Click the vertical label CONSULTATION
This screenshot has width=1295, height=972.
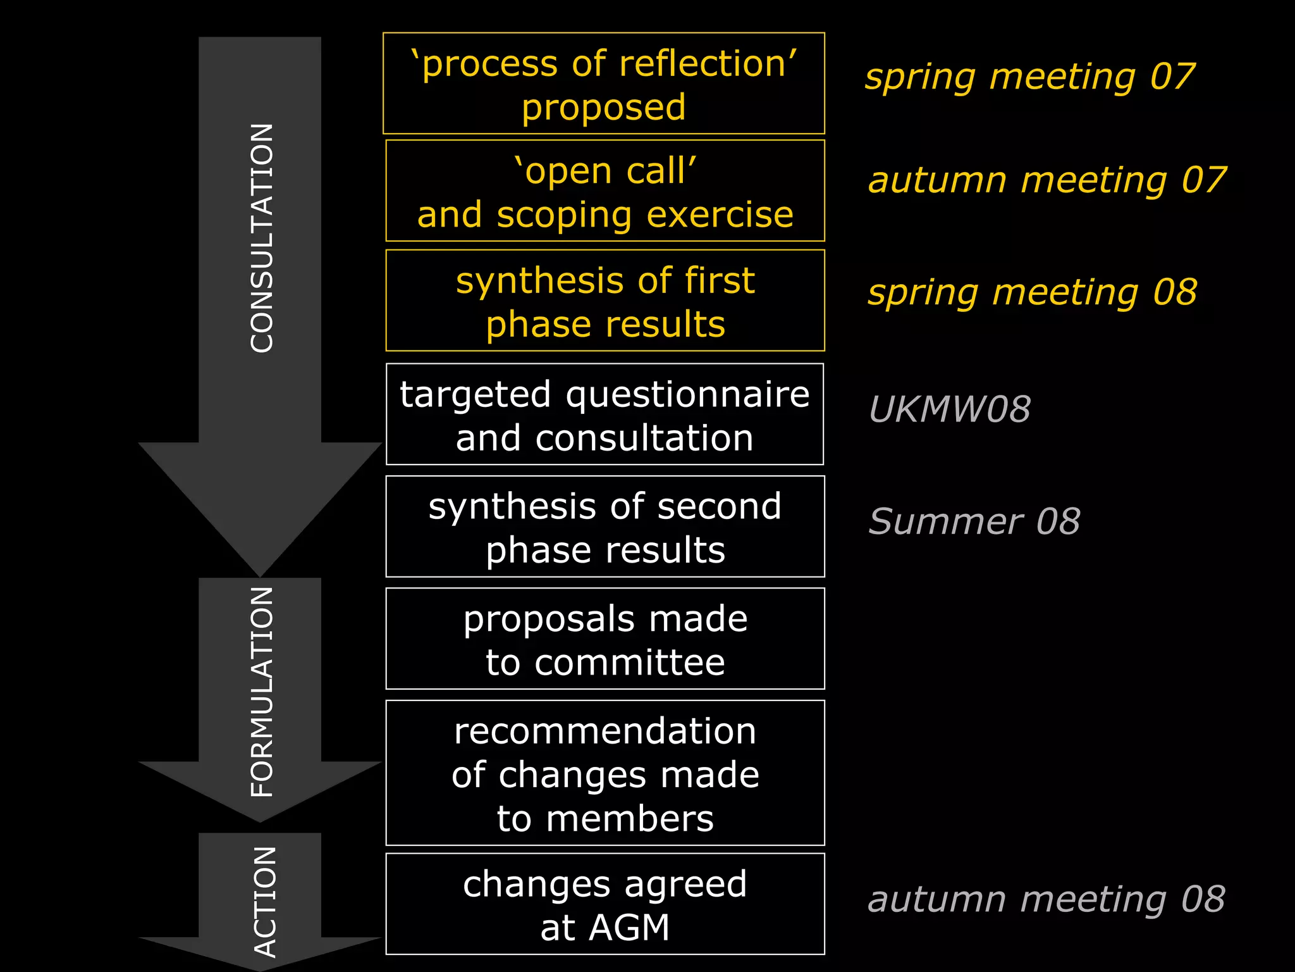coord(262,238)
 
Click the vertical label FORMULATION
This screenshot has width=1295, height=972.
coord(262,691)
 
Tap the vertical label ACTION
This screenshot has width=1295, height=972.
coord(264,901)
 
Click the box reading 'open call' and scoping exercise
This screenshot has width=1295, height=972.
coord(605,191)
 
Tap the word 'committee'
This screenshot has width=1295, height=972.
coord(629,663)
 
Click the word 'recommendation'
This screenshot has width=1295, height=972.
coord(605,732)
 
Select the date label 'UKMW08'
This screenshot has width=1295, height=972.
coord(949,409)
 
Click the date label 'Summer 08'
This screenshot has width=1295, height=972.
coord(974,522)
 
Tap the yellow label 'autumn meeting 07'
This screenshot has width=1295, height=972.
coord(1046,180)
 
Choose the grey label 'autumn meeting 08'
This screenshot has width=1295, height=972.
coord(1046,899)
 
